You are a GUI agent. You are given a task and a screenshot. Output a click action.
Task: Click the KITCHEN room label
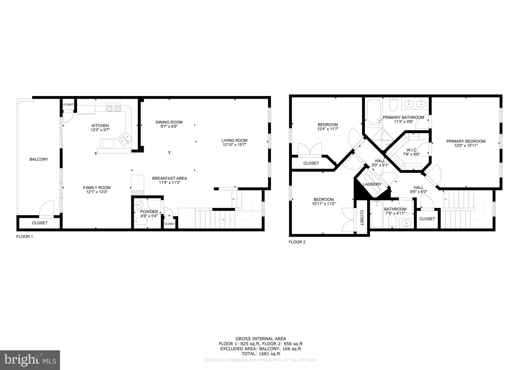point(100,126)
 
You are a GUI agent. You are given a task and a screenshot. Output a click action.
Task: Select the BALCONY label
point(39,159)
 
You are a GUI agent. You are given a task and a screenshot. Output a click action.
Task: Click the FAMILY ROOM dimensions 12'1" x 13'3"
point(97,192)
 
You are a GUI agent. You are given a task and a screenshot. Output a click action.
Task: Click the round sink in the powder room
point(139,204)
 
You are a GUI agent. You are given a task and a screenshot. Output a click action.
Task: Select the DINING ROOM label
point(169,122)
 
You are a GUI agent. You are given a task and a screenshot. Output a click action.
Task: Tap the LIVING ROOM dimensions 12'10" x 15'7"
point(234,145)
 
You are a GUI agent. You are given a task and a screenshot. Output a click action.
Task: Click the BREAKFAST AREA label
point(170,178)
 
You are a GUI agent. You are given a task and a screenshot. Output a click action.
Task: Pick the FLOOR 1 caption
point(25,237)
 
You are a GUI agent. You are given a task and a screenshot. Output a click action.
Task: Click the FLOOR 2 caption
point(297,242)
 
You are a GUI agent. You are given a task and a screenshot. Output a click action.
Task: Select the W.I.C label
point(411,150)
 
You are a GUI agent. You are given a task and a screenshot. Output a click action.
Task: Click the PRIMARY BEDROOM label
point(466,141)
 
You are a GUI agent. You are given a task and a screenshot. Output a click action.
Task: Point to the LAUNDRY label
point(372,184)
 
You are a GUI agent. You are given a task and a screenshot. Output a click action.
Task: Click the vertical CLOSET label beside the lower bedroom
point(362,218)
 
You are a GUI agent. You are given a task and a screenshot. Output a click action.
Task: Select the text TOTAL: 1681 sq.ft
point(261,354)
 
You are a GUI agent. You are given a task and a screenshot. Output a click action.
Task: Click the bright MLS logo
point(30,360)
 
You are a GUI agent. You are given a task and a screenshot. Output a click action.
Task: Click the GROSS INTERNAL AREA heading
point(261,339)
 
